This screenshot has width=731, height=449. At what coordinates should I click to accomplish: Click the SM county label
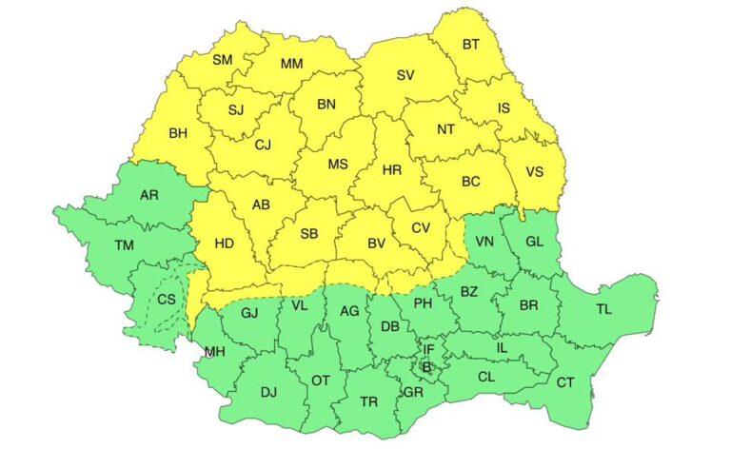(222, 60)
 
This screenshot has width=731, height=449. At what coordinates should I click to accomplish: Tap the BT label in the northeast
(471, 44)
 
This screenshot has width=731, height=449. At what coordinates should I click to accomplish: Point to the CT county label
(565, 382)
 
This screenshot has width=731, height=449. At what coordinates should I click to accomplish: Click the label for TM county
(124, 245)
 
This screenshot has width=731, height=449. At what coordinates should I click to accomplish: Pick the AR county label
(149, 196)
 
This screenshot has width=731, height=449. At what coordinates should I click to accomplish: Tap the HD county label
(224, 244)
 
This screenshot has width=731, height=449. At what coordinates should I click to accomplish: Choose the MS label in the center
(338, 164)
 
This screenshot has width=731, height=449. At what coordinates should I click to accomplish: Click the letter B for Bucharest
(426, 367)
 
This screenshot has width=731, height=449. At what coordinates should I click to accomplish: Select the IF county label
(428, 349)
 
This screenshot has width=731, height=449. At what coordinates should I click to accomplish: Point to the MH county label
(214, 353)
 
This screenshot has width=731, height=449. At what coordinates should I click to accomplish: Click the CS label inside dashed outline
(167, 300)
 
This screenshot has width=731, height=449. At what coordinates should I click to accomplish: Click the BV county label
(376, 244)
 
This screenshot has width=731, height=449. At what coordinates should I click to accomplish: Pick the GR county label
(413, 391)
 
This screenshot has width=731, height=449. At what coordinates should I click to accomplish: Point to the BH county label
(178, 133)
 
